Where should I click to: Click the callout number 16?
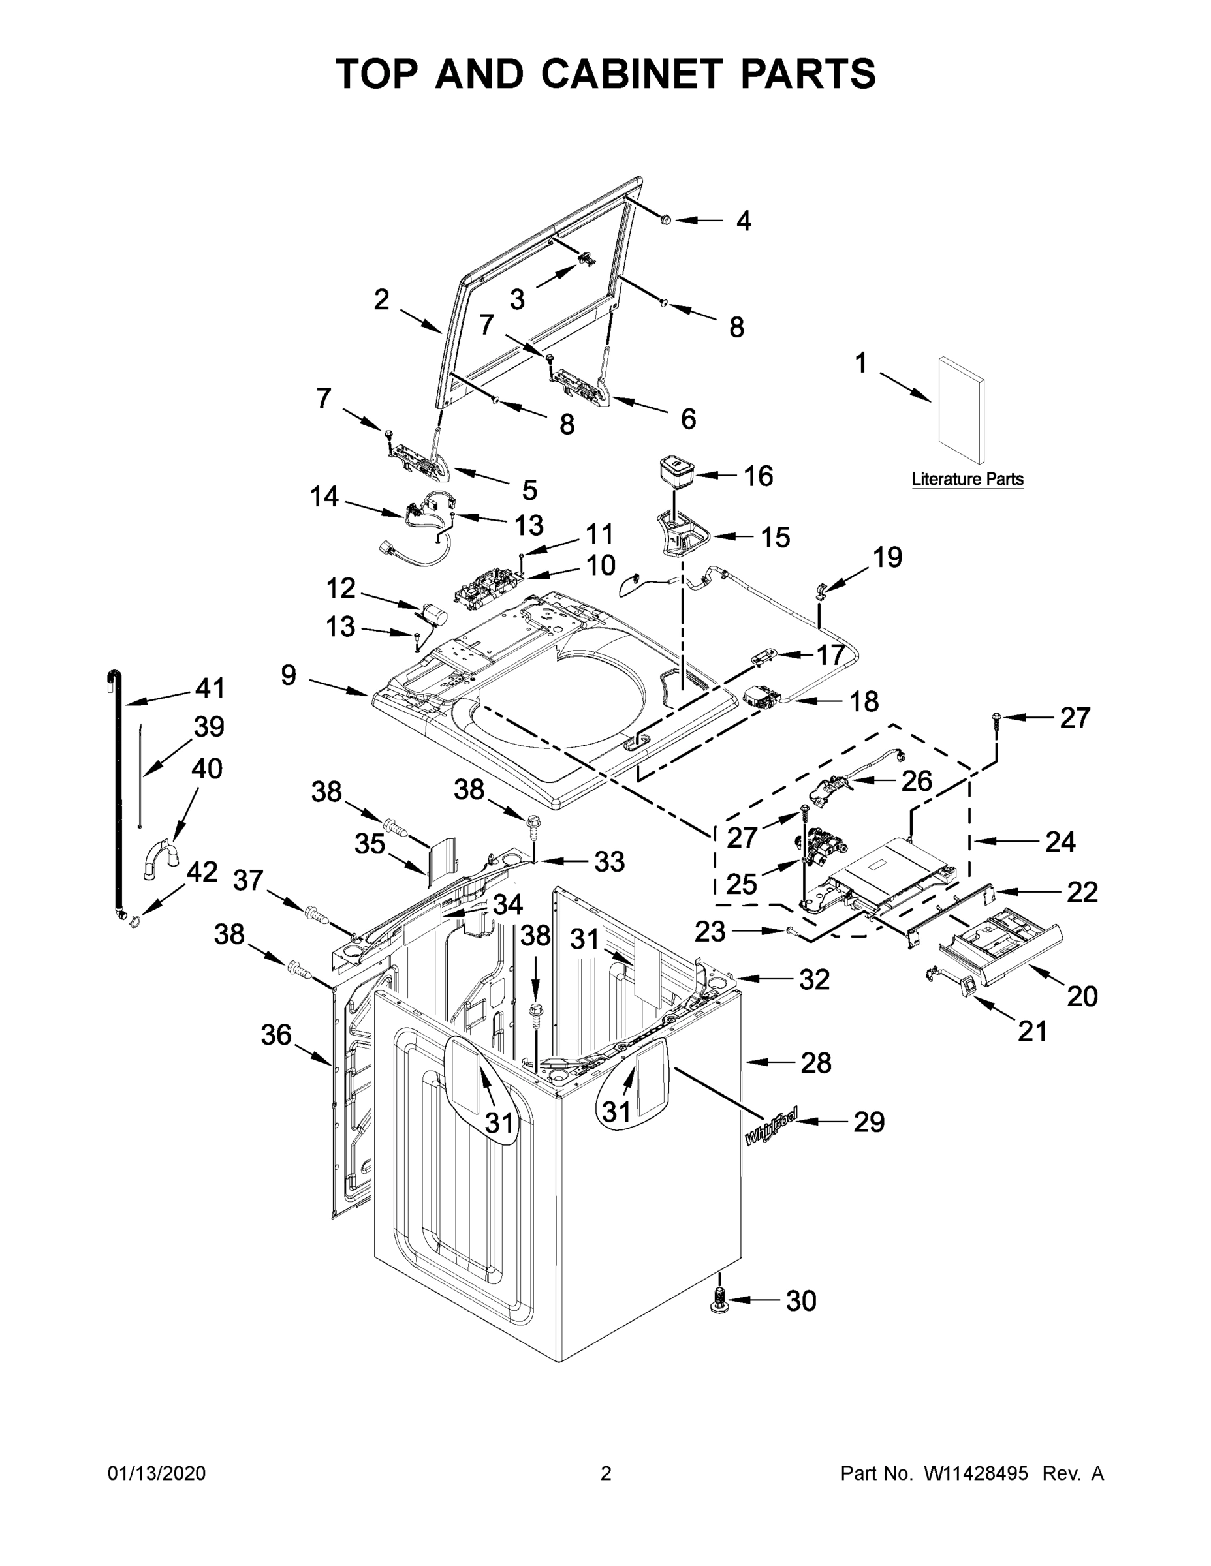point(757,476)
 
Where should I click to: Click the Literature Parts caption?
point(966,479)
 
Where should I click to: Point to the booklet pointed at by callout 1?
point(960,410)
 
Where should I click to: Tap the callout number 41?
point(210,688)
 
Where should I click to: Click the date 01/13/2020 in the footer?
point(157,1473)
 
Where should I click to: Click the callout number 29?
point(868,1122)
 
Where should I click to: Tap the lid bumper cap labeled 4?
point(666,219)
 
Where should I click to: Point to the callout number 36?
point(275,1035)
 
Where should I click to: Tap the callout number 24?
point(1060,841)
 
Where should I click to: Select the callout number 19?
point(887,557)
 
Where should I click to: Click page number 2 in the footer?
point(606,1473)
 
